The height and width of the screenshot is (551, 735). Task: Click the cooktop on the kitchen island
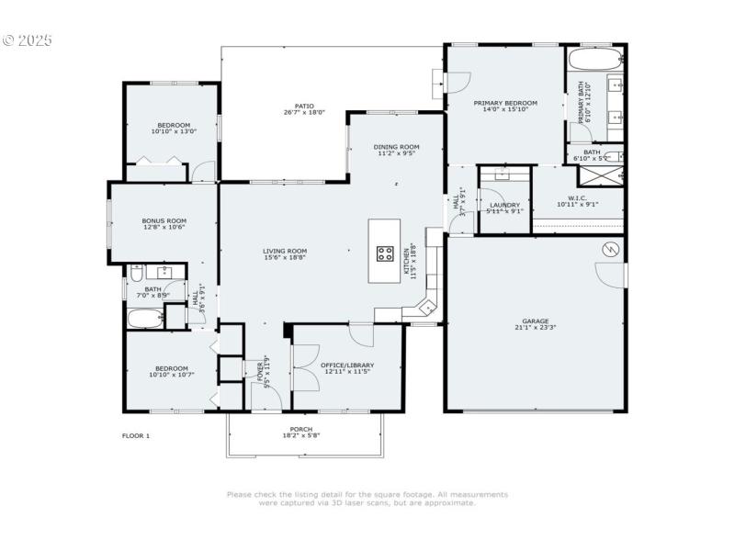pyautogui.click(x=385, y=254)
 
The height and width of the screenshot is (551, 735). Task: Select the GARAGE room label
pyautogui.click(x=536, y=321)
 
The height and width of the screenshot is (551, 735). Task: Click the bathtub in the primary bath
pyautogui.click(x=594, y=61)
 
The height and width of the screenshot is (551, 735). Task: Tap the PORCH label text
pyautogui.click(x=301, y=429)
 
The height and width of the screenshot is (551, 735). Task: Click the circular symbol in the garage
pyautogui.click(x=607, y=250)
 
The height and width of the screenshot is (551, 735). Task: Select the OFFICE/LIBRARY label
pyautogui.click(x=347, y=365)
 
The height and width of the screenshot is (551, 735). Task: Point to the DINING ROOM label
pyautogui.click(x=396, y=147)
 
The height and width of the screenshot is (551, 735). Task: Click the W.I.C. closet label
pyautogui.click(x=577, y=197)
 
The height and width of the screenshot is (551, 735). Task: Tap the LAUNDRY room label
pyautogui.click(x=504, y=205)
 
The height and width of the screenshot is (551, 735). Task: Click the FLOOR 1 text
pyautogui.click(x=136, y=435)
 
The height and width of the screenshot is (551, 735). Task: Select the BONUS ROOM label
pyautogui.click(x=164, y=220)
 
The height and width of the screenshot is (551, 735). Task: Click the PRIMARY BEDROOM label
pyautogui.click(x=505, y=103)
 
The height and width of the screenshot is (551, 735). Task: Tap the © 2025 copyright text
pyautogui.click(x=28, y=40)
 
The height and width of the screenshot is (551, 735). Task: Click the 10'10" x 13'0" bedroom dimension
pyautogui.click(x=173, y=131)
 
